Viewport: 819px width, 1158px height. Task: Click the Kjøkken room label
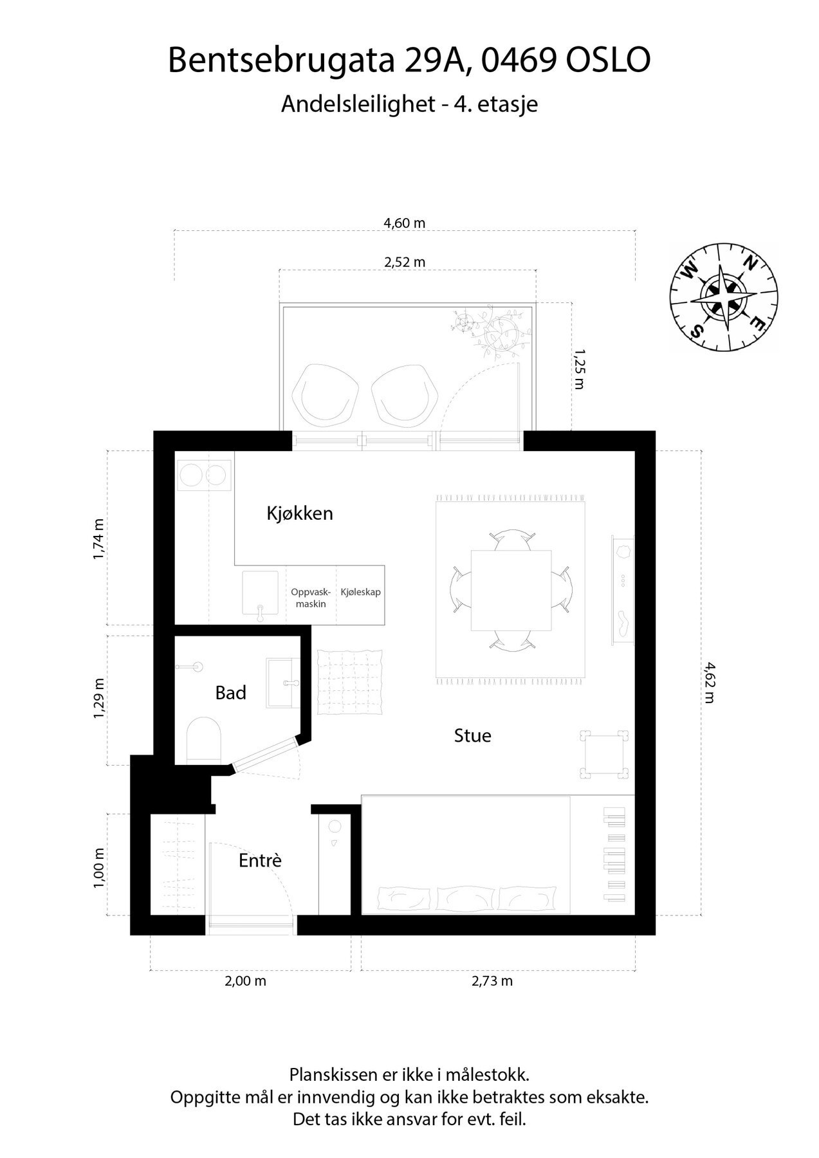tap(300, 513)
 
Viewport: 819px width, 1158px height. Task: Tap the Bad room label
tap(230, 693)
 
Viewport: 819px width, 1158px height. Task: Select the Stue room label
tap(472, 735)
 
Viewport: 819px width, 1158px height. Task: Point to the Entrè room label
tap(260, 860)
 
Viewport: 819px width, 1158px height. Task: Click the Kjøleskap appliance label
tap(360, 592)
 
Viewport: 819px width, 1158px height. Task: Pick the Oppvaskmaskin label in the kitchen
tap(311, 598)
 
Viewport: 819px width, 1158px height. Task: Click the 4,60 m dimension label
tap(405, 223)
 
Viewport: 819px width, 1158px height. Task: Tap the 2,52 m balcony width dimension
tap(405, 262)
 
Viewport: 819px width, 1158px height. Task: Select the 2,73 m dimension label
tap(492, 981)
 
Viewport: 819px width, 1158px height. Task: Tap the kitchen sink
tap(260, 593)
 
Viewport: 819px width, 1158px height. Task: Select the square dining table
tap(511, 591)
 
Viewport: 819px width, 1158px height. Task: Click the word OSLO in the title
tap(608, 60)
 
